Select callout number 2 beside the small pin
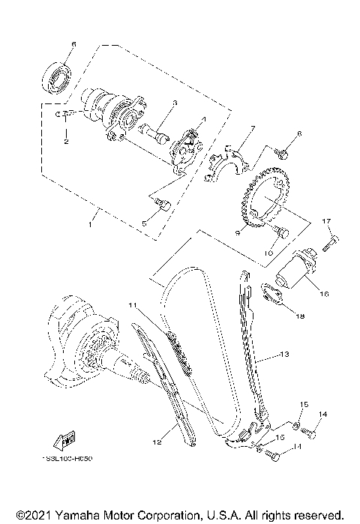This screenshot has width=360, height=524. pos(66,140)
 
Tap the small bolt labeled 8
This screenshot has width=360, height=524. pos(282,152)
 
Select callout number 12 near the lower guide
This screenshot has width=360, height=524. pos(157,442)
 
